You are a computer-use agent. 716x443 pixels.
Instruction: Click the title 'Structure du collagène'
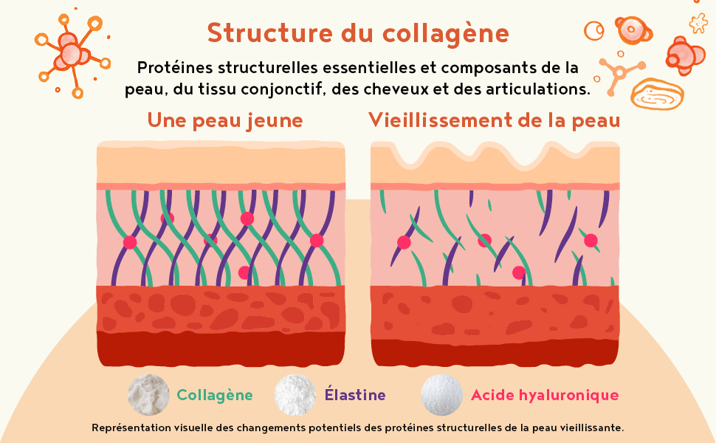point(358,34)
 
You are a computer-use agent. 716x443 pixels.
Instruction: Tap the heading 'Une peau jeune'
point(225,120)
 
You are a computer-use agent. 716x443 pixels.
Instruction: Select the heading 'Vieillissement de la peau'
point(494,120)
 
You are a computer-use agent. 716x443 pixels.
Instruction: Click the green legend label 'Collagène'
point(215,395)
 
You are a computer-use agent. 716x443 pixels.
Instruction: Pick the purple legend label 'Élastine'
point(355,395)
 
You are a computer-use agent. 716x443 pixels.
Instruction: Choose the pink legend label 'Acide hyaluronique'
point(545,395)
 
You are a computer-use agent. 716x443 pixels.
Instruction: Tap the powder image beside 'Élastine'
point(296,394)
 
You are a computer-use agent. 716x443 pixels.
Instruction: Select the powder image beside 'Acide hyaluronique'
point(441,394)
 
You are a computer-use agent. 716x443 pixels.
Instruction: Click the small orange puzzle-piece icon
point(698,24)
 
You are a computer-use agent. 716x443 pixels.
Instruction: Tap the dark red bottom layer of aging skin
point(495,351)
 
